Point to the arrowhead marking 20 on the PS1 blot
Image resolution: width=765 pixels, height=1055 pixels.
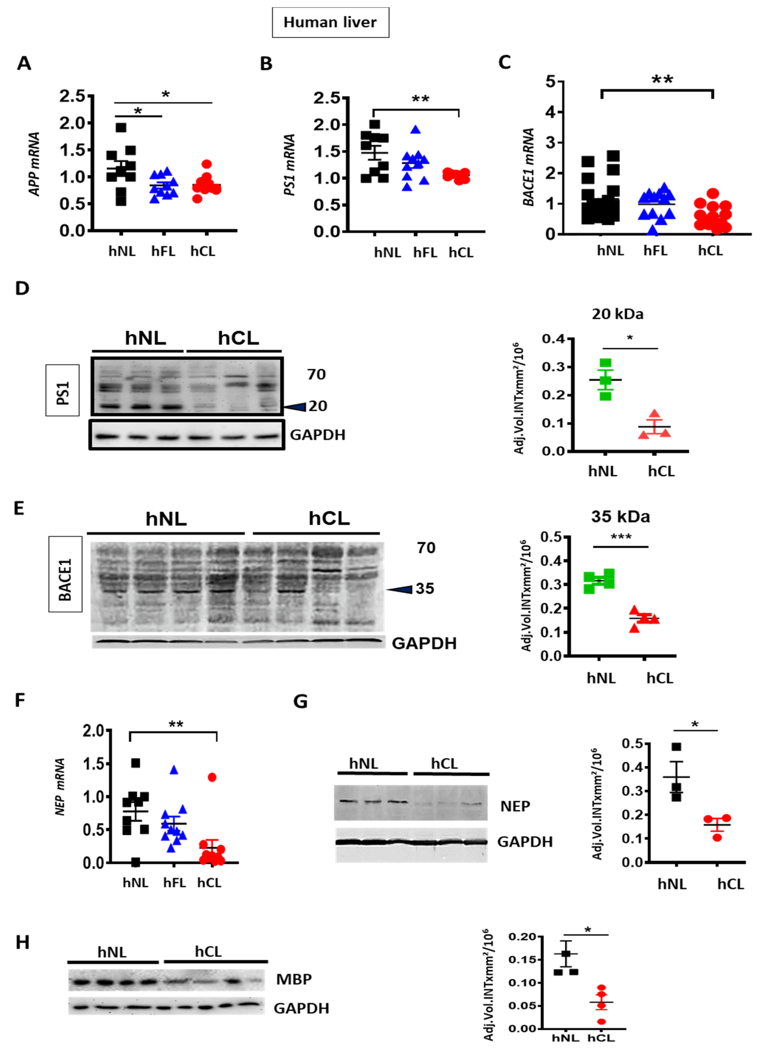(x=295, y=407)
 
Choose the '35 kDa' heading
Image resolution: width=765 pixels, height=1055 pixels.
(x=620, y=517)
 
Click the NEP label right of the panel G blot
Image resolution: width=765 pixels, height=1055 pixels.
(x=515, y=806)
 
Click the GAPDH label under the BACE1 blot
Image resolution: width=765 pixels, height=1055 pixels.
(x=424, y=643)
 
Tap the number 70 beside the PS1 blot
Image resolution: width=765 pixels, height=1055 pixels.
(x=316, y=374)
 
